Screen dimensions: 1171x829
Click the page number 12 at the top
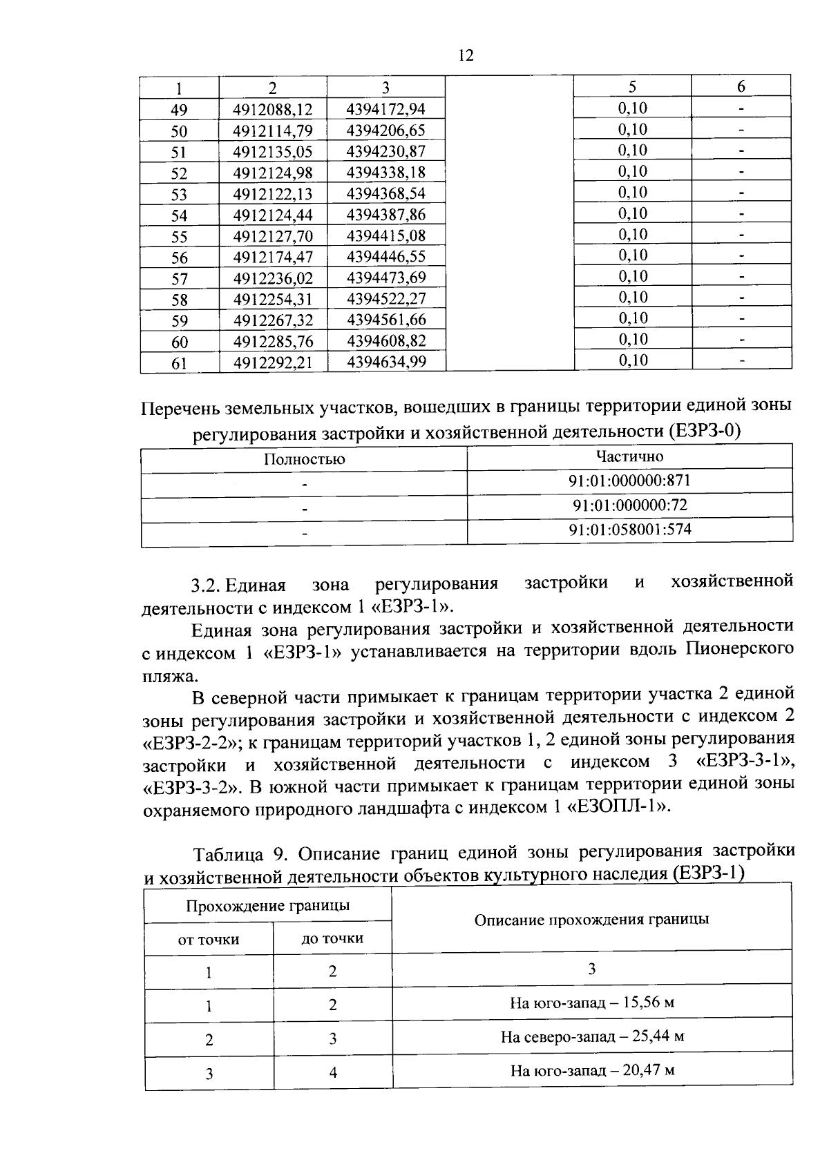tap(466, 56)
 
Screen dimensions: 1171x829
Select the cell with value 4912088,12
tap(273, 110)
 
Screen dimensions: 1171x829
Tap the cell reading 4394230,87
tap(386, 152)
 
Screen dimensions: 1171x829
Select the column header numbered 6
tap(741, 87)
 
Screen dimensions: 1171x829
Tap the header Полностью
tap(304, 459)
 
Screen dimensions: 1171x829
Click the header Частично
tap(629, 456)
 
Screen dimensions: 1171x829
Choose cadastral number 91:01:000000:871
tap(629, 481)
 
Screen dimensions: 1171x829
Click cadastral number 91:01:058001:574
tap(629, 530)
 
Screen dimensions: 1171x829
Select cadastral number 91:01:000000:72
tap(629, 505)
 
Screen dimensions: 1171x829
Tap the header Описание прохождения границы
tap(591, 920)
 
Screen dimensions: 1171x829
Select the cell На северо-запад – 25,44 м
tap(592, 1037)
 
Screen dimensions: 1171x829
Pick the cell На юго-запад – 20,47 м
tap(592, 1071)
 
